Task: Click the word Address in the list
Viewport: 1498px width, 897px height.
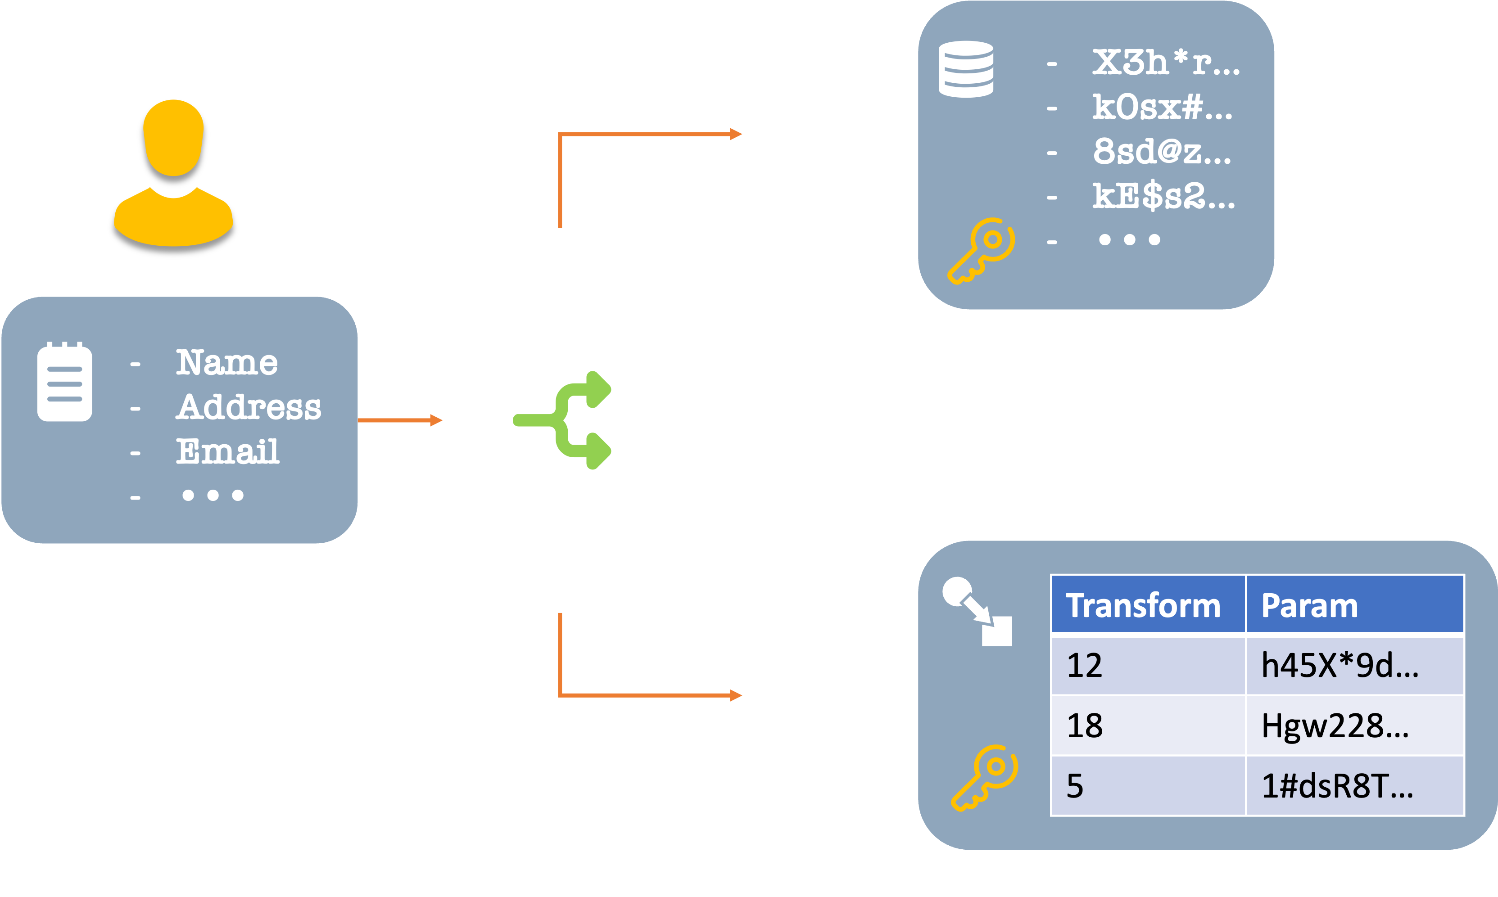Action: [x=249, y=407]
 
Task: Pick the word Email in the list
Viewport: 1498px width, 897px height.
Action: [x=228, y=451]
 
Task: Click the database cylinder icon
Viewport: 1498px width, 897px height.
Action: [x=965, y=69]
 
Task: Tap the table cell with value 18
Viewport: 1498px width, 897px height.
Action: [x=1085, y=726]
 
